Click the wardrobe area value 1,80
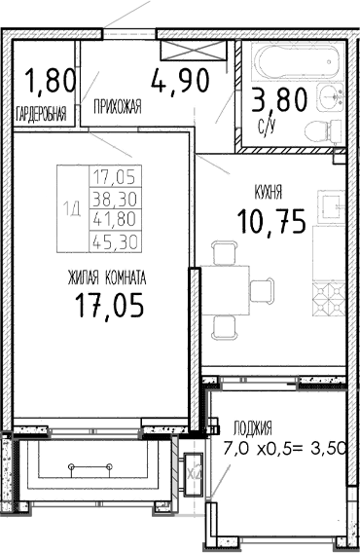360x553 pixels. click(x=42, y=79)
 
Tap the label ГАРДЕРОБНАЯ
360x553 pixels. click(x=42, y=114)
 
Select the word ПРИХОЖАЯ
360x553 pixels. click(x=118, y=108)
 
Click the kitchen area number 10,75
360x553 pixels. click(x=270, y=222)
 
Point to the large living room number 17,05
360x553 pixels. click(x=109, y=308)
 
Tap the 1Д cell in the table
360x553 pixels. click(x=72, y=205)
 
